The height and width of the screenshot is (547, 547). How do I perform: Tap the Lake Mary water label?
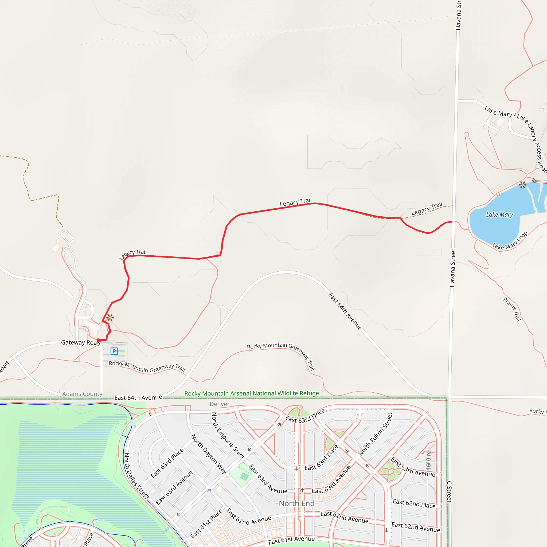click(x=499, y=215)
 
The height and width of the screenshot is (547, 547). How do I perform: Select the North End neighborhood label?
click(x=296, y=503)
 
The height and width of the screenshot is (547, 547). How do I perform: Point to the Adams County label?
click(x=82, y=394)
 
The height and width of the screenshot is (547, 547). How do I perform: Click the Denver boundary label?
click(x=220, y=404)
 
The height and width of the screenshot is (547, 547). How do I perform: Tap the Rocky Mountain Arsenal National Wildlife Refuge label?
click(x=251, y=393)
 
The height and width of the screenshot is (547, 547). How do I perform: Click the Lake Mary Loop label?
click(x=510, y=241)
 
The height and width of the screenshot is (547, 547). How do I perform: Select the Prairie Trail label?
click(x=512, y=309)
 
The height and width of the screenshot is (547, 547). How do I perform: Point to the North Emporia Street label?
click(x=228, y=435)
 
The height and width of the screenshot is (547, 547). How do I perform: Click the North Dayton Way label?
click(x=209, y=454)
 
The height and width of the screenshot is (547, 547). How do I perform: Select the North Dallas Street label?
click(x=136, y=476)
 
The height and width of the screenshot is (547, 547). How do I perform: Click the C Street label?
click(x=449, y=492)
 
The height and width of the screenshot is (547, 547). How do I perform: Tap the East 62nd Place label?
click(x=414, y=504)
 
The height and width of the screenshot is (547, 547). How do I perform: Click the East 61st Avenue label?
click(x=291, y=540)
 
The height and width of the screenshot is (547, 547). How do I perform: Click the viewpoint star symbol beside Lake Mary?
click(x=523, y=185)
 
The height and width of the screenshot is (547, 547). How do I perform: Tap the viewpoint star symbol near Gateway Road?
click(x=110, y=318)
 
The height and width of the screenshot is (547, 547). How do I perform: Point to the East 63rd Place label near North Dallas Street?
click(x=167, y=463)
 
